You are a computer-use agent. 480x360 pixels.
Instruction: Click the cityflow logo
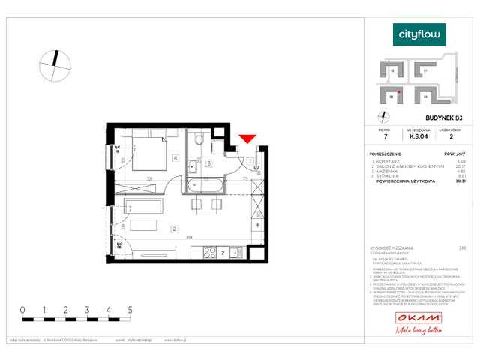419,34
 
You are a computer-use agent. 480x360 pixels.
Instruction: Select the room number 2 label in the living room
173,229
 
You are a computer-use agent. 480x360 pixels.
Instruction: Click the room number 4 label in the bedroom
174,157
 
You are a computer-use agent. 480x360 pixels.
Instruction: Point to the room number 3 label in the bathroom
209,163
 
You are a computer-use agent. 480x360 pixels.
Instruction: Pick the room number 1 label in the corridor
249,160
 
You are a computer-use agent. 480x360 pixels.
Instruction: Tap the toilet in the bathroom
197,140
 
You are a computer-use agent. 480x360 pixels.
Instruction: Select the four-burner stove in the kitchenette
216,253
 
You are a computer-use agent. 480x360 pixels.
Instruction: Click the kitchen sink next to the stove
235,253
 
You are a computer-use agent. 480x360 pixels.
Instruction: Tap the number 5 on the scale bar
131,309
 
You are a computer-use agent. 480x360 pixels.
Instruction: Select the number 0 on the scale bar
22,309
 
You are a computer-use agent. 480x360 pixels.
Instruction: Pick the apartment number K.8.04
419,137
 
